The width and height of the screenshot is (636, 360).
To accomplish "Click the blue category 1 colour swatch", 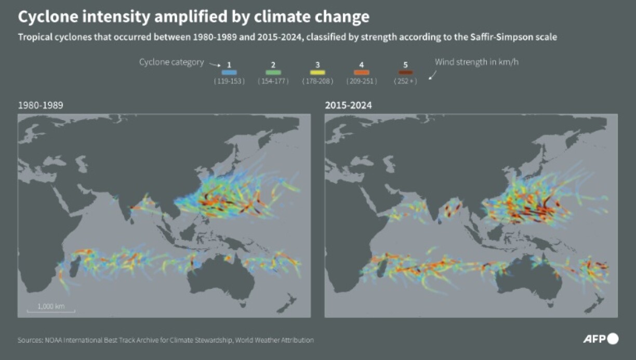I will [x=229, y=73].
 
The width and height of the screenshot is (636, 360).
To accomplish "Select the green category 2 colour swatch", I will [x=273, y=73].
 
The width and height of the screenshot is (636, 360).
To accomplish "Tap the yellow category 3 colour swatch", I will [x=317, y=73].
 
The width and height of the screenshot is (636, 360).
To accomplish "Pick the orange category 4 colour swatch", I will [x=362, y=73].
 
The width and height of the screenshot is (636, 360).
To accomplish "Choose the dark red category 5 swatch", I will [x=406, y=73].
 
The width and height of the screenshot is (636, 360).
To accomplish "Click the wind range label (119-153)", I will [x=229, y=82].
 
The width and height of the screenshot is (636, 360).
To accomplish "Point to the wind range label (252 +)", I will [x=406, y=82].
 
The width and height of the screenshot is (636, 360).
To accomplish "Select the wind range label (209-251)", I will [x=362, y=82].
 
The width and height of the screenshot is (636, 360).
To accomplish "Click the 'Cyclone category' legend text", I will [x=171, y=62].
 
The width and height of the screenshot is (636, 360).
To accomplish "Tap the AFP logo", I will [x=601, y=339].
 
